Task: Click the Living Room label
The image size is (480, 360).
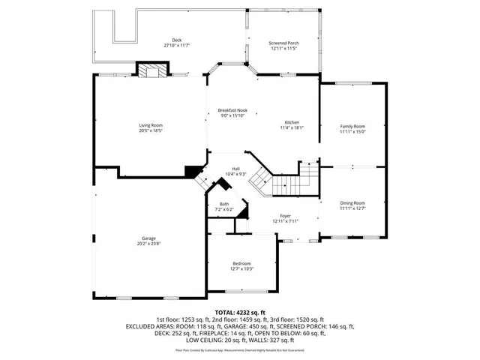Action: [x=151, y=125]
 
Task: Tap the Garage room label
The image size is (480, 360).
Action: [x=148, y=238]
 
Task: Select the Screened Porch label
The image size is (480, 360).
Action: [x=283, y=43]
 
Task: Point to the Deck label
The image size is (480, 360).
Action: [x=177, y=40]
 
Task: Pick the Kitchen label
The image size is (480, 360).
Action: [x=292, y=122]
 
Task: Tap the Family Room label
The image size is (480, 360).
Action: [x=352, y=126]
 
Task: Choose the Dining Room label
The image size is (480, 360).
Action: [x=352, y=203]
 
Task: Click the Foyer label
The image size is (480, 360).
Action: [x=286, y=216]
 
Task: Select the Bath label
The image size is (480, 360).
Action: [x=224, y=204]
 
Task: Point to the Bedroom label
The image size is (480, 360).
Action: [x=241, y=263]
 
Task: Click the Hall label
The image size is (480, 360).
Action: [x=235, y=169]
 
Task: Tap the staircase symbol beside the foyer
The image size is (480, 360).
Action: [x=283, y=178]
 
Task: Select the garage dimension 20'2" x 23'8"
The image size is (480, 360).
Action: [x=148, y=244]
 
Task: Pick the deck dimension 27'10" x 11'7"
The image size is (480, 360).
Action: [x=177, y=46]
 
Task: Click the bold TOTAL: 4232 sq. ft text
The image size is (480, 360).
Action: [x=240, y=312]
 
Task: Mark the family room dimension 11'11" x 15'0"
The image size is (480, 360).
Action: [x=352, y=132]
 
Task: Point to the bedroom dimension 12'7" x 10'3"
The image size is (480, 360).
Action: [x=241, y=269]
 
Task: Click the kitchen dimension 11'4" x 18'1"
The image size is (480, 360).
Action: [x=292, y=128]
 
